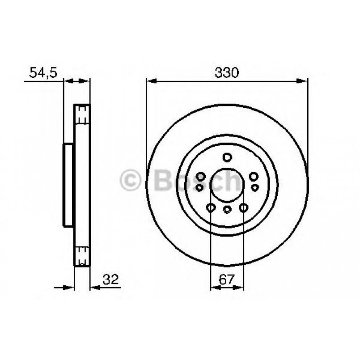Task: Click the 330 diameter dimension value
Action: click(x=227, y=73)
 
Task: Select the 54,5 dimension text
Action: click(x=43, y=73)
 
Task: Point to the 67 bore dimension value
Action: click(x=227, y=280)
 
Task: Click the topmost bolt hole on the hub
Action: click(x=227, y=157)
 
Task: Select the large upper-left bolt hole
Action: click(x=201, y=177)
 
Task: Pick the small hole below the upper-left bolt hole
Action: click(x=199, y=188)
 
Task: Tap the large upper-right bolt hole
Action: click(x=254, y=177)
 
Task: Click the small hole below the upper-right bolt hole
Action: click(x=255, y=187)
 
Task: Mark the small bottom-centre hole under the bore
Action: click(x=227, y=210)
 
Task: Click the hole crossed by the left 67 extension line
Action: click(x=211, y=208)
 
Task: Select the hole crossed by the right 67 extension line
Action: click(x=244, y=208)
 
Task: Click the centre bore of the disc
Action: click(x=227, y=186)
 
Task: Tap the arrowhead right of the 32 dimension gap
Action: click(x=94, y=287)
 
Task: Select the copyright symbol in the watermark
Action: click(x=131, y=181)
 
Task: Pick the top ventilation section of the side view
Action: click(x=82, y=114)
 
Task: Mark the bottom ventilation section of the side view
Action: click(x=82, y=257)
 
